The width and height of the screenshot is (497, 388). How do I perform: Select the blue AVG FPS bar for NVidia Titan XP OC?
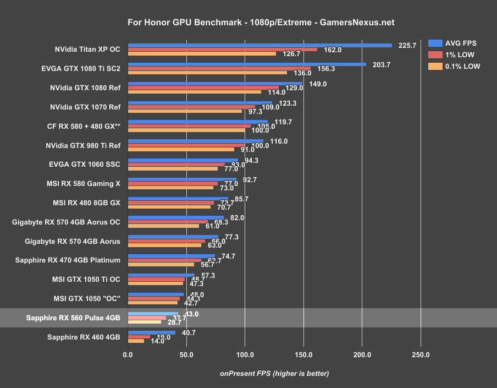click(x=259, y=45)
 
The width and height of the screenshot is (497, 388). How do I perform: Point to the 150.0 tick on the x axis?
click(x=303, y=355)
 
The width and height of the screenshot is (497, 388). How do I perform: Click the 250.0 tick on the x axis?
click(x=421, y=355)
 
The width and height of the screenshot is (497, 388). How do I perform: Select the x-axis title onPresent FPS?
click(x=274, y=373)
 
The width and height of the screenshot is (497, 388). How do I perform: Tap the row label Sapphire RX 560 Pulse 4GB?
click(x=73, y=318)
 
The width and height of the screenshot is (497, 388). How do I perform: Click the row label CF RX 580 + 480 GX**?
click(x=84, y=126)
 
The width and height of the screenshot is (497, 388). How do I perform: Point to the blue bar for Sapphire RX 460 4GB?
click(x=152, y=332)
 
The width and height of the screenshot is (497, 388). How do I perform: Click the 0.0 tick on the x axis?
click(x=128, y=355)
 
